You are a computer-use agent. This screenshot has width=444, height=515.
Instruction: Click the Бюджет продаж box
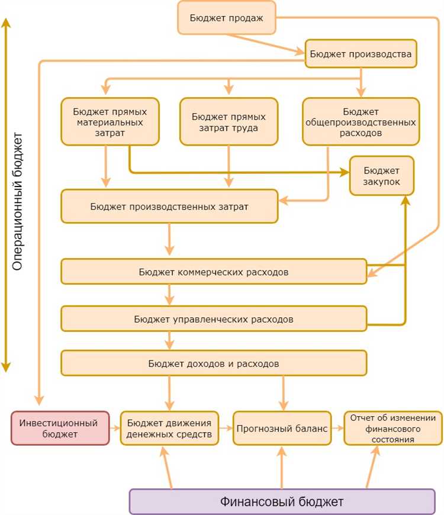point(227,17)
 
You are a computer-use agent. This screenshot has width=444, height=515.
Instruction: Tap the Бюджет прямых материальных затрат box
point(110,121)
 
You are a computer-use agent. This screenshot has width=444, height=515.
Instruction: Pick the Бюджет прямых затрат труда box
point(229,121)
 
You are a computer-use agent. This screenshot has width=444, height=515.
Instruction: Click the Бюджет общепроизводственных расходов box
point(361,121)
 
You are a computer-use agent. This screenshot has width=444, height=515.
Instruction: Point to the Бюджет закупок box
point(382,176)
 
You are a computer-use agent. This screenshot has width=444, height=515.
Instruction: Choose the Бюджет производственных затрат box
point(169,206)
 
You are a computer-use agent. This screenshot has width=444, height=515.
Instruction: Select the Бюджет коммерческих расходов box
point(214,272)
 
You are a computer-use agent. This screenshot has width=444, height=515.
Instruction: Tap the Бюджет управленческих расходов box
point(214,318)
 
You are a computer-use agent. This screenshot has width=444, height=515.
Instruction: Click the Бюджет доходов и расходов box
point(214,362)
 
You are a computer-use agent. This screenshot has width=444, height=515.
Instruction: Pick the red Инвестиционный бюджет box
point(60,428)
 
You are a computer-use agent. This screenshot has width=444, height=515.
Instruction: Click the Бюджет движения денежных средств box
point(169,428)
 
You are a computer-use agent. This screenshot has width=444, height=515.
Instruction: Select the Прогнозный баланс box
point(281,428)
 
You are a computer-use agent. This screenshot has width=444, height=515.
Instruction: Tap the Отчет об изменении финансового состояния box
point(393,428)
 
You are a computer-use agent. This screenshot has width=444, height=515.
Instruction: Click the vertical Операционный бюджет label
point(17,201)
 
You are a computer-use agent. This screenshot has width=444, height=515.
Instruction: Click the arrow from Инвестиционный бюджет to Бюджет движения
point(115,428)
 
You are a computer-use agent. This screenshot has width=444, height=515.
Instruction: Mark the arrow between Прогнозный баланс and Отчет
point(337,428)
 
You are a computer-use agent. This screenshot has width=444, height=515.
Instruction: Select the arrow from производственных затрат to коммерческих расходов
point(170,240)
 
